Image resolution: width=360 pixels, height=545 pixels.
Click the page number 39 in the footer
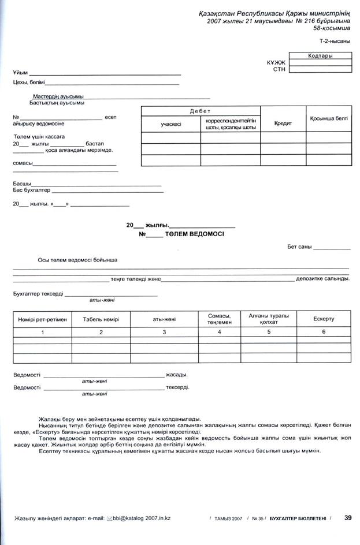click(x=348, y=518)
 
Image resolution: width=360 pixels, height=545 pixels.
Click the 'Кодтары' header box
click(x=320, y=56)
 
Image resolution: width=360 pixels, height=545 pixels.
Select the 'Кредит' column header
click(x=283, y=123)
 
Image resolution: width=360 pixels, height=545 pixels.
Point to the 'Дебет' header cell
click(x=201, y=110)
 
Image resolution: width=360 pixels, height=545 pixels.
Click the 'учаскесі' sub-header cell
click(x=171, y=124)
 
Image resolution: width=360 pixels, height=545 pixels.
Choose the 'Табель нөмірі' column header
click(x=101, y=319)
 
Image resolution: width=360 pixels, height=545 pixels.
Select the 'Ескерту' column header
click(x=324, y=319)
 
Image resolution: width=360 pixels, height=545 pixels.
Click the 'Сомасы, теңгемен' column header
click(x=220, y=319)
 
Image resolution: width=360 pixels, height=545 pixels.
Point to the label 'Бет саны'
click(x=299, y=247)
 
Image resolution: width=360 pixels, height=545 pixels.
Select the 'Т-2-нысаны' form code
click(x=335, y=42)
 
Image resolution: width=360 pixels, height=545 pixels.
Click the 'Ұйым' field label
click(x=20, y=73)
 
